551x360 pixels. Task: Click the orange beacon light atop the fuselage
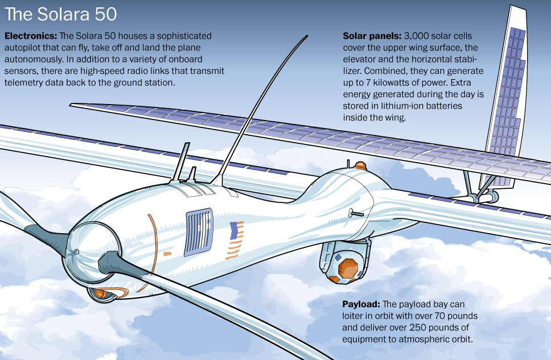[x=361, y=165]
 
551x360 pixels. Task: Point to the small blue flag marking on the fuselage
[x=233, y=230]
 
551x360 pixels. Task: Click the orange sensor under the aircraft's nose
[x=100, y=293]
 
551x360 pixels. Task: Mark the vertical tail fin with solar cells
[x=508, y=102]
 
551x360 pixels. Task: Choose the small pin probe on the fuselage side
[x=356, y=214]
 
